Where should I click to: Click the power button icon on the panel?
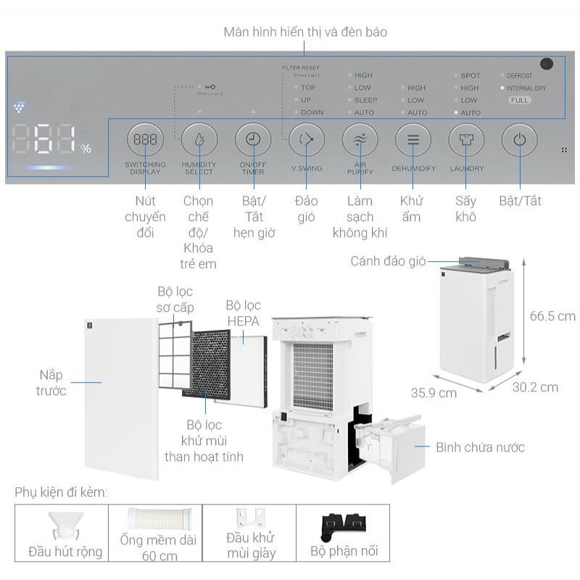(x=519, y=140)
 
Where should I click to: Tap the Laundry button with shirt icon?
(x=466, y=140)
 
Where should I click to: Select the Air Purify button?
(x=360, y=140)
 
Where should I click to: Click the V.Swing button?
(x=306, y=140)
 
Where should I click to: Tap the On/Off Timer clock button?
(x=252, y=140)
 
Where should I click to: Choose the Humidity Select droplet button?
(x=199, y=140)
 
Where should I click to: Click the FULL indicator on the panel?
(x=519, y=101)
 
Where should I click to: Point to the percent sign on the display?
(x=86, y=149)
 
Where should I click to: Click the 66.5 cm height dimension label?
(x=552, y=316)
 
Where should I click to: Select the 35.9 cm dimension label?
(x=434, y=393)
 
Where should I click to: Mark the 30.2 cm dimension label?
(x=535, y=387)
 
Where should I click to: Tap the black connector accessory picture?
(x=344, y=524)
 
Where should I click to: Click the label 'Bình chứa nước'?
(x=480, y=447)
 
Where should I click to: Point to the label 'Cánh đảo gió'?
(x=388, y=261)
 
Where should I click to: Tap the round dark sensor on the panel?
(x=546, y=64)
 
